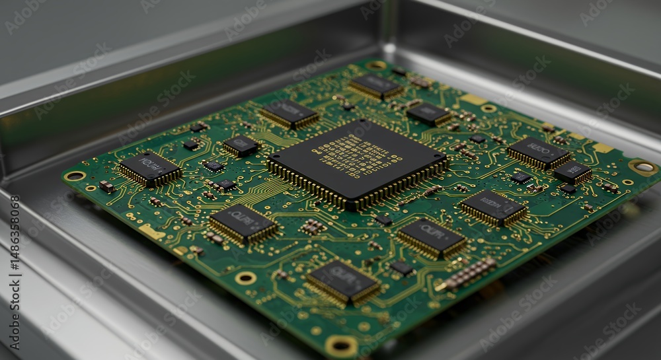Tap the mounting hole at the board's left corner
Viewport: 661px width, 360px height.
75,176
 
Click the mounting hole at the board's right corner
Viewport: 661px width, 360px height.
642,167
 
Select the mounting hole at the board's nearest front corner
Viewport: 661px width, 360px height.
341,344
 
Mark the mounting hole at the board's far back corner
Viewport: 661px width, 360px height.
376,65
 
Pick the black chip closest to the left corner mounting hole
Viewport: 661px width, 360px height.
149,168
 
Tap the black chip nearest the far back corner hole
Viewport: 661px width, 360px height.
375,86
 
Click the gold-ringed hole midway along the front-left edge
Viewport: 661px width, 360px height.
245,278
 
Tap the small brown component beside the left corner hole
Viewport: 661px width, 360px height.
106,187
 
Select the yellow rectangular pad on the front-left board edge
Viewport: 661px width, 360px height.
151,232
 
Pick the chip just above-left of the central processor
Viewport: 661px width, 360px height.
289,113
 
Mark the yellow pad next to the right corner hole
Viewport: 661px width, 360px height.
603,147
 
